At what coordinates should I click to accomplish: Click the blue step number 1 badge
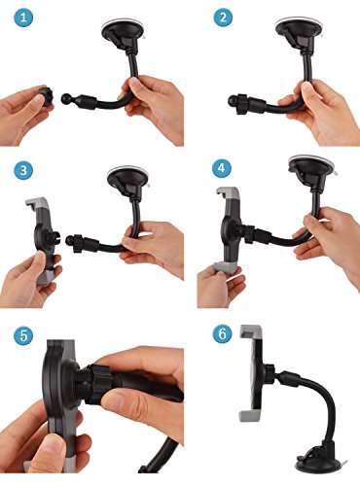pos(23,17)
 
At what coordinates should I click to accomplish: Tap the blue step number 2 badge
pos(223,17)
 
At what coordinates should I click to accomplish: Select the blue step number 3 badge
pos(23,170)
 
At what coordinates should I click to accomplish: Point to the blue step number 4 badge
pos(222,168)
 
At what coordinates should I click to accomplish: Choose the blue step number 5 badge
pos(23,335)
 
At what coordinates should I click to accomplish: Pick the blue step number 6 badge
pos(223,333)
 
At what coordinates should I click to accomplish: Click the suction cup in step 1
pos(123,33)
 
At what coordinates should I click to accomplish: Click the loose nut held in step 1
pos(46,96)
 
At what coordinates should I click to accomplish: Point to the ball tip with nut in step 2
pos(237,103)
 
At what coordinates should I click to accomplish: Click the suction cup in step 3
pos(128,181)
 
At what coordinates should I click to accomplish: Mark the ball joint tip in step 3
pos(70,240)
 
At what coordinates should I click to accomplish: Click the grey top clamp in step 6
pos(250,330)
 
